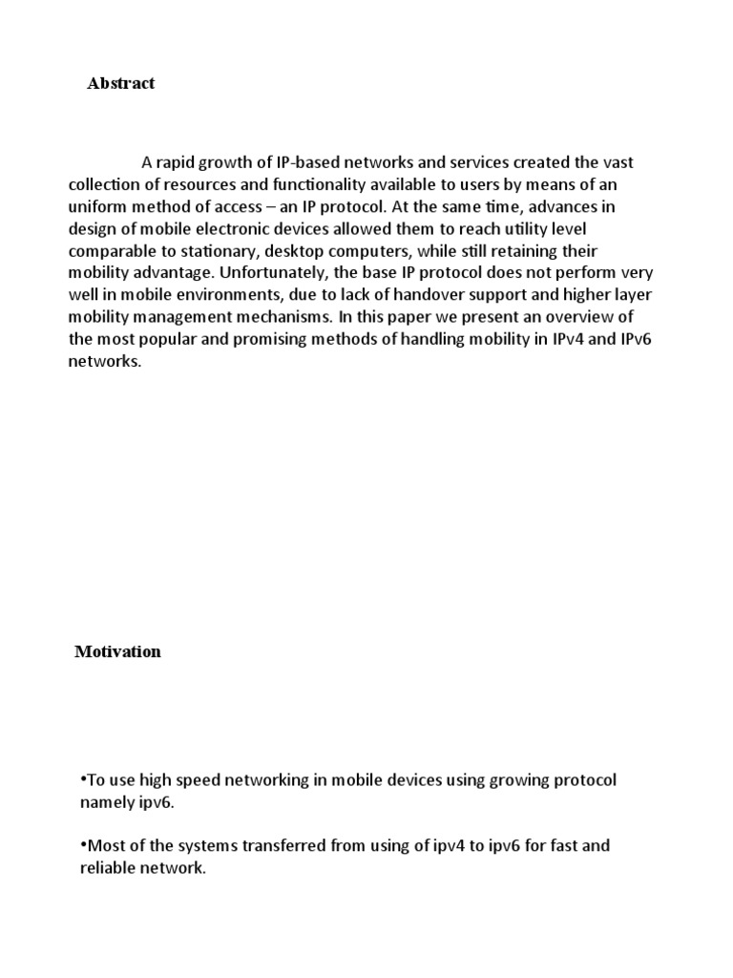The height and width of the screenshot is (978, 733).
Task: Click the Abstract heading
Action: coord(120,83)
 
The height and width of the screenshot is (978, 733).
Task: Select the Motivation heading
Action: coord(118,651)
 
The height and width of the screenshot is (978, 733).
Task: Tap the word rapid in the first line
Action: coord(178,160)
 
